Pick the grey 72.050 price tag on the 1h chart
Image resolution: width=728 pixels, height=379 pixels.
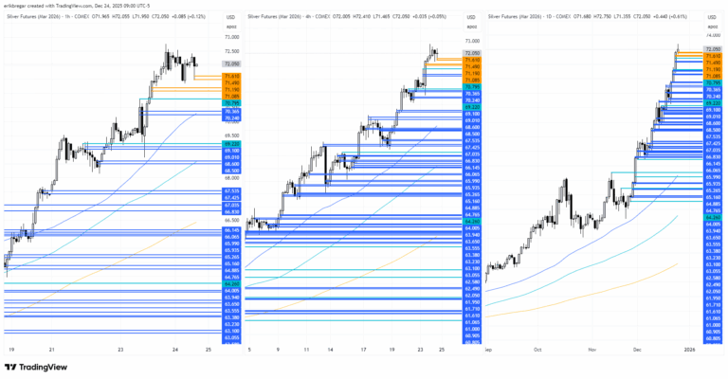tap(230, 63)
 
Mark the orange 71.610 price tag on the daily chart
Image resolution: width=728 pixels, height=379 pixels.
tap(714, 56)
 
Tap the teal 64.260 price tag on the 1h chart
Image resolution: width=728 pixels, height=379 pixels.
tap(230, 283)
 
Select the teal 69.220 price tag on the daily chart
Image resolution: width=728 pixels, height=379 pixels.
tap(714, 101)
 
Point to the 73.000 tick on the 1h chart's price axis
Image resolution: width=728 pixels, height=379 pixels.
tap(230, 37)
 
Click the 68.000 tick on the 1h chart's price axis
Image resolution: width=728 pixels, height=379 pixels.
tap(230, 178)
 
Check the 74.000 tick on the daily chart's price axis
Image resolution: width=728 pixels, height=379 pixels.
tap(714, 28)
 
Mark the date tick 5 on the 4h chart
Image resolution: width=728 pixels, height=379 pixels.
tap(250, 349)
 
